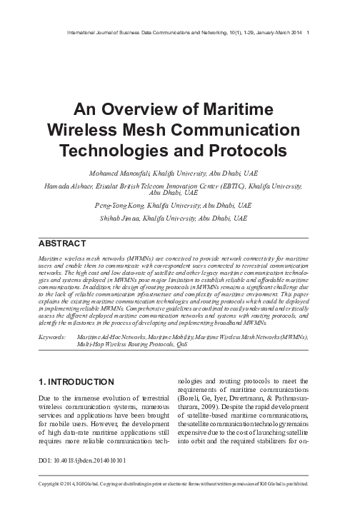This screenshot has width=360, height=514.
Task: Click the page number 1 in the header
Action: point(307,31)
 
